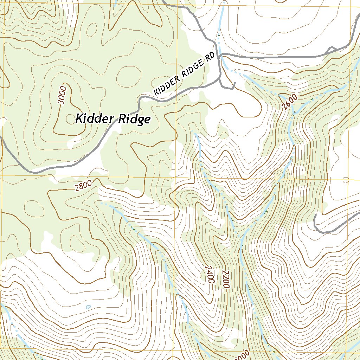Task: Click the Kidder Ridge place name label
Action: [113, 119]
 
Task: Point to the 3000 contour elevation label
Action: [62, 95]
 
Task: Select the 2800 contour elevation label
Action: [83, 185]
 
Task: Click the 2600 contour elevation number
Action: [290, 102]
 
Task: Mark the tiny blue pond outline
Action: [88, 307]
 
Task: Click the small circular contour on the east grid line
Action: [346, 180]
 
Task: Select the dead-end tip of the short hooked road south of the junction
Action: [234, 84]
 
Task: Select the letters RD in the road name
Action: [210, 57]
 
